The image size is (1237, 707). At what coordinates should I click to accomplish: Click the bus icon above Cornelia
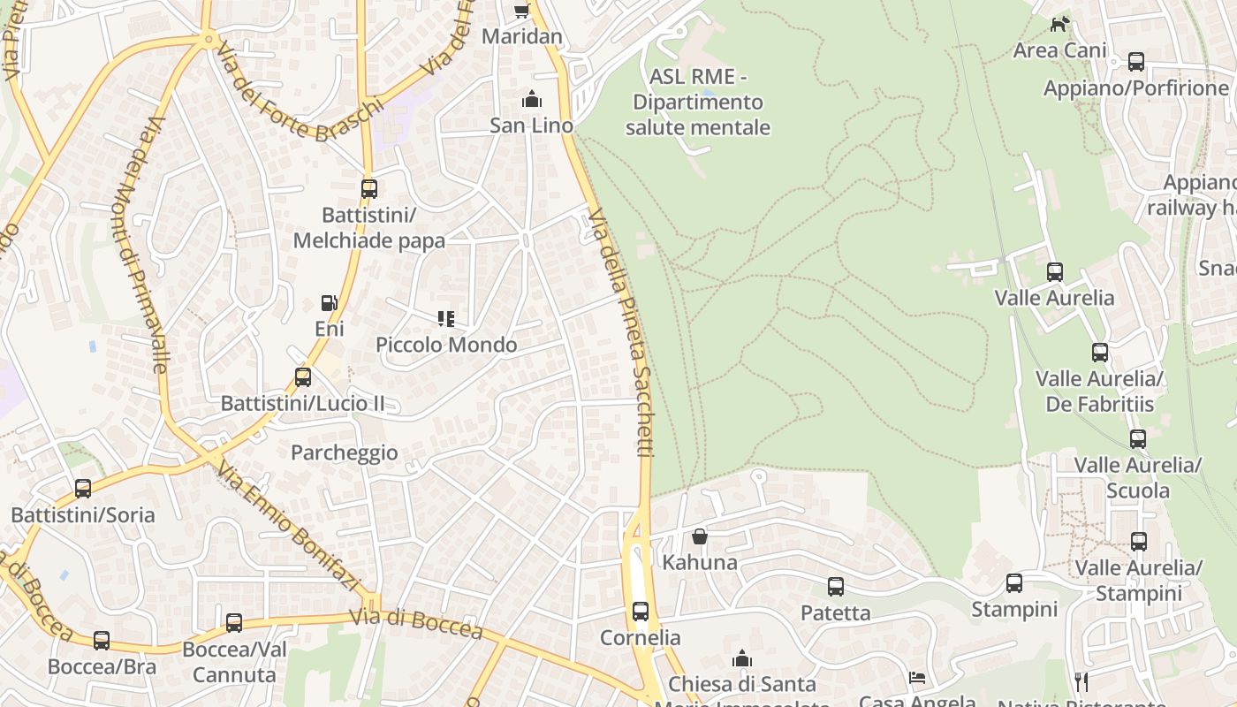pyautogui.click(x=641, y=611)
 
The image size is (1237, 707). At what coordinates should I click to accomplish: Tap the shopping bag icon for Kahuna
pyautogui.click(x=700, y=536)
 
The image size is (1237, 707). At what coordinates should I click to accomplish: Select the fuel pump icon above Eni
pyautogui.click(x=329, y=303)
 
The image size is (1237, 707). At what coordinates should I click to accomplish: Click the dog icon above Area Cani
pyautogui.click(x=1059, y=24)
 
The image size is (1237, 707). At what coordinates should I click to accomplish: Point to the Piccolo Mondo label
pyautogui.click(x=446, y=344)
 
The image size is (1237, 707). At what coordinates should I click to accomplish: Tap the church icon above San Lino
pyautogui.click(x=532, y=99)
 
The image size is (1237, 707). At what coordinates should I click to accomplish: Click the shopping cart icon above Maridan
pyautogui.click(x=521, y=11)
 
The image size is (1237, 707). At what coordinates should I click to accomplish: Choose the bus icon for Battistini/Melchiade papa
pyautogui.click(x=369, y=188)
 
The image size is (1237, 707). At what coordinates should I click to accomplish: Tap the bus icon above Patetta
pyautogui.click(x=835, y=586)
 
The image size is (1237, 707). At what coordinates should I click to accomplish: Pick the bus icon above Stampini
pyautogui.click(x=1014, y=583)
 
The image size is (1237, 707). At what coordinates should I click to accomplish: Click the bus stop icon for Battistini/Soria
pyautogui.click(x=83, y=488)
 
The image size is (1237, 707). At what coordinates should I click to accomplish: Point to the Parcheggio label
pyautogui.click(x=345, y=452)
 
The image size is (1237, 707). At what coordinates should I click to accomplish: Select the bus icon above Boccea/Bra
pyautogui.click(x=102, y=640)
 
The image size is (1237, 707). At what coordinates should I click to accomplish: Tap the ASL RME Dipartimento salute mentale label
pyautogui.click(x=698, y=102)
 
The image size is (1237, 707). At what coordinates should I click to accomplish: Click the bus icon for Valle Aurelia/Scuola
pyautogui.click(x=1138, y=438)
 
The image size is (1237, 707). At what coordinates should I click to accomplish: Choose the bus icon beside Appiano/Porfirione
pyautogui.click(x=1136, y=62)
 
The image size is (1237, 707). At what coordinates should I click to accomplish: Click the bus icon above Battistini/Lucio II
pyautogui.click(x=303, y=377)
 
